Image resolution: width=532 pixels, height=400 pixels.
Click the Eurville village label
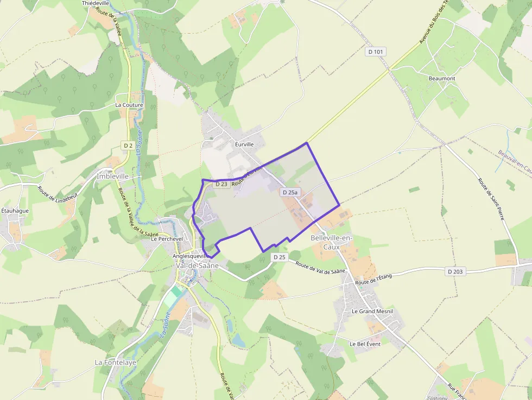coord(244,144)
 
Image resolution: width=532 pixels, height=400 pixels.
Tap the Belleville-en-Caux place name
coord(332,243)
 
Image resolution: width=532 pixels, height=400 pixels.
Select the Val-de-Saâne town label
coord(198,265)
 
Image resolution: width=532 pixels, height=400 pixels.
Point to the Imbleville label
coord(112,176)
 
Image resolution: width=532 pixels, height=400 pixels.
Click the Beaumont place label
coord(442,78)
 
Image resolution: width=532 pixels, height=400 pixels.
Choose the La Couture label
coord(129,105)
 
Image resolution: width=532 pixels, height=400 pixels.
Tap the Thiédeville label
coord(96,3)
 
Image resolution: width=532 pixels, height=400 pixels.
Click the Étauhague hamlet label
coord(14,210)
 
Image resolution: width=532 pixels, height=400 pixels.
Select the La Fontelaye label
coord(116,362)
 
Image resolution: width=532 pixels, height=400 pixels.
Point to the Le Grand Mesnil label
coord(372,312)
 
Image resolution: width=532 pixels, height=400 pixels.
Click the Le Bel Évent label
coord(365,344)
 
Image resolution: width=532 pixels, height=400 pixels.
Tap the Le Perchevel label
coord(167,238)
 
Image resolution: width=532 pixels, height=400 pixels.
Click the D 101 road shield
coord(376,52)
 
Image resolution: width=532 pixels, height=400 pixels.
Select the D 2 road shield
coord(128,145)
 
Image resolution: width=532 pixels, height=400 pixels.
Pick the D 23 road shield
coord(221,184)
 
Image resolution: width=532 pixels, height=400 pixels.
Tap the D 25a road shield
coord(290,192)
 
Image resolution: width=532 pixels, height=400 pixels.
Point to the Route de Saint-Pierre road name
coord(491,199)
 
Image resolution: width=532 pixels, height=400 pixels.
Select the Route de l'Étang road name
coord(373,280)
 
